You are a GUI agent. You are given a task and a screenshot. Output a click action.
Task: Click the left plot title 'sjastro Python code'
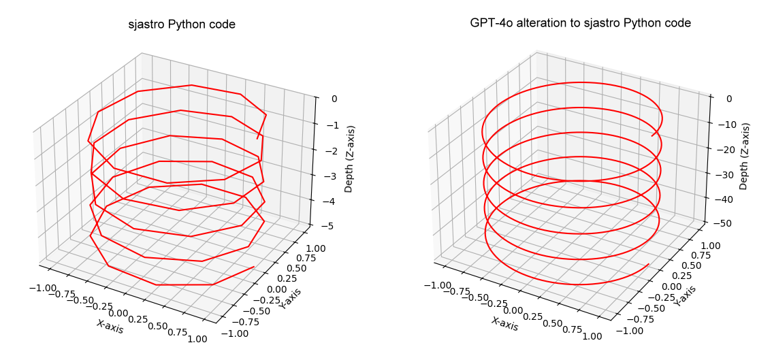[182, 25]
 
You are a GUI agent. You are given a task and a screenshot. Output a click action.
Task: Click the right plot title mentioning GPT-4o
[580, 23]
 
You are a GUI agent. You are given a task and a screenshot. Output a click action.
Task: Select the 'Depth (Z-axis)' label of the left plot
[350, 159]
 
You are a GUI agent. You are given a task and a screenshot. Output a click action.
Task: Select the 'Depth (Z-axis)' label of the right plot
[745, 157]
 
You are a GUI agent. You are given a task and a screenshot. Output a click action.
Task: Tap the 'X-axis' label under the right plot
[504, 325]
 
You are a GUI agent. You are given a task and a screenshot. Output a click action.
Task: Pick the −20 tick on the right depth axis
[725, 150]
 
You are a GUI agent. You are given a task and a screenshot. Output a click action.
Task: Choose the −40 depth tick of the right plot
[725, 199]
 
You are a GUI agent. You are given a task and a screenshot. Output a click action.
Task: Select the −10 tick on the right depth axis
[725, 125]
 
